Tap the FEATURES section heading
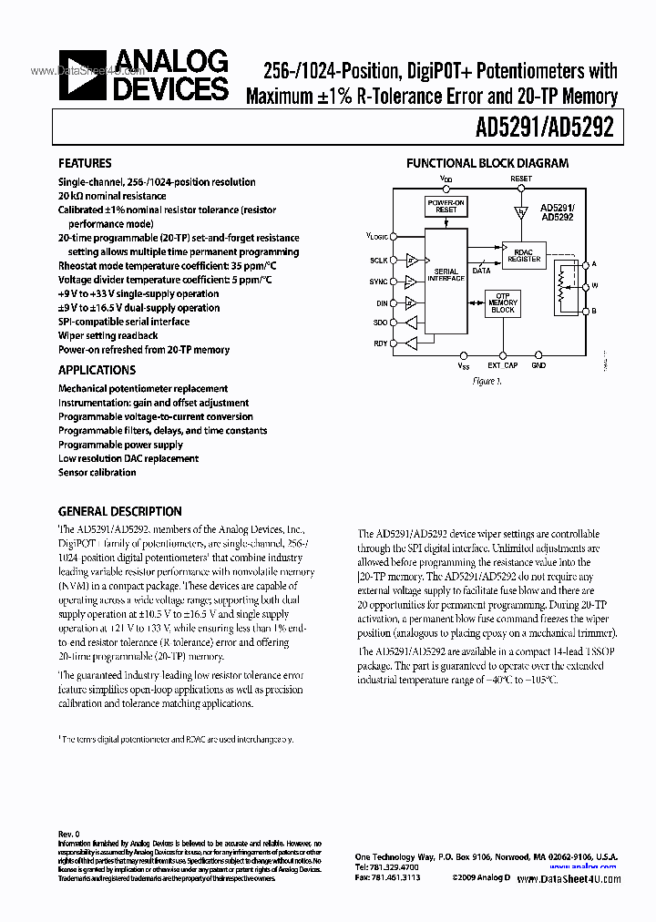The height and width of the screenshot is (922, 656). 85,164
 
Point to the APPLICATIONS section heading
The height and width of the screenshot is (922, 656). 97,370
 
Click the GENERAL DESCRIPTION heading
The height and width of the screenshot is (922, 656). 119,511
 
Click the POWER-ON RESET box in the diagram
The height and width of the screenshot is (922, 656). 446,207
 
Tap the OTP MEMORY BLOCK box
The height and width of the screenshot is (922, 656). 503,306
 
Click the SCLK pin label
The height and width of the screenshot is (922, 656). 379,261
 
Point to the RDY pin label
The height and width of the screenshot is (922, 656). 380,343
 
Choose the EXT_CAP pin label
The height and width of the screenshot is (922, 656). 502,365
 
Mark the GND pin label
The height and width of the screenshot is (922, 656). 538,365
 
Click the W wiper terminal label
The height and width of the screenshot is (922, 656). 594,286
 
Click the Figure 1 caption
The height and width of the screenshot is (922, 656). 487,381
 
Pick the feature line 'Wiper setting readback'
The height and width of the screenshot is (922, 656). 108,335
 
